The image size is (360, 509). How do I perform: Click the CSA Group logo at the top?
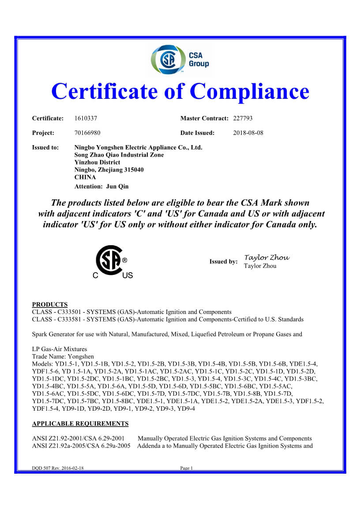(x=180, y=60)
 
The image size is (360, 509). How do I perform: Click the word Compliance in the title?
(x=249, y=91)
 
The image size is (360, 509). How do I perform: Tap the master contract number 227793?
(x=243, y=118)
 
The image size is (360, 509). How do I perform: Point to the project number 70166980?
(x=87, y=133)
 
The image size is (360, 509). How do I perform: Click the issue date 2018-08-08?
(x=248, y=133)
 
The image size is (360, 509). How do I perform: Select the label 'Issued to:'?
(x=45, y=148)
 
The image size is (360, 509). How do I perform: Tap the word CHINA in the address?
(x=85, y=177)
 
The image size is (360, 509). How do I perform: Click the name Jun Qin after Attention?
(x=118, y=186)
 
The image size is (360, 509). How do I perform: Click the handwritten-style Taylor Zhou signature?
(x=266, y=258)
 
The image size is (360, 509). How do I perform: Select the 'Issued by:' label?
(x=223, y=262)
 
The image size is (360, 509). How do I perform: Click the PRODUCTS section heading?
(x=50, y=305)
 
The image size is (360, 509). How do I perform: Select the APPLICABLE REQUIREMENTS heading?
(x=80, y=424)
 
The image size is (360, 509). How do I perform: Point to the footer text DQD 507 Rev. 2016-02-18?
(x=58, y=468)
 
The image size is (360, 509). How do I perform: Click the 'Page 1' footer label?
(x=187, y=468)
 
